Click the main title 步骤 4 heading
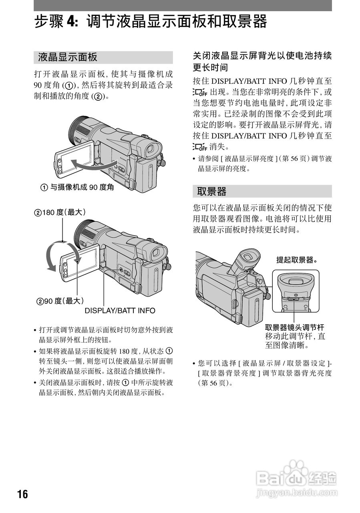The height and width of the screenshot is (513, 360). coord(150,22)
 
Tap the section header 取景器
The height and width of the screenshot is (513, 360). coord(212,192)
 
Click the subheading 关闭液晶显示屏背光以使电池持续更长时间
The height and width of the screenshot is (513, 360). coord(262,61)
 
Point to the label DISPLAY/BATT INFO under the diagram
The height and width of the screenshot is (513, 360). coord(120,311)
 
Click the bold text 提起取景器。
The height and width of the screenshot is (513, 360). coord(297,260)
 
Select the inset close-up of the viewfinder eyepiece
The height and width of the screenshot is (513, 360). coord(296,291)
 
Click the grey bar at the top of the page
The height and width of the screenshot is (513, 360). coord(183,5)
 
